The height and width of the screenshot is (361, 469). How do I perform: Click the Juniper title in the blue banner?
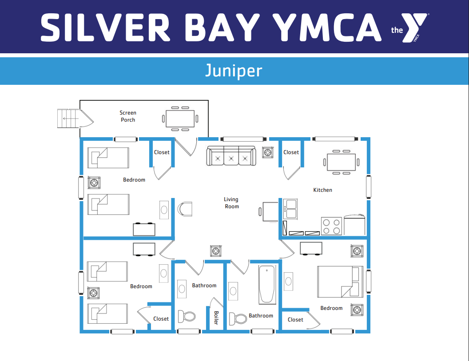(234, 71)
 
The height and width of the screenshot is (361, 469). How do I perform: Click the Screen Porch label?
(128, 116)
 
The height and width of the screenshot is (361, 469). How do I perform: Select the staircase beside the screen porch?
(68, 119)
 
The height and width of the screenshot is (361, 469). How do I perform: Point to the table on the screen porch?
(180, 119)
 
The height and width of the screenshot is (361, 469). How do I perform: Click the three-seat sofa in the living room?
(231, 156)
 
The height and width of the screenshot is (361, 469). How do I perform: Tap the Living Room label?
(231, 203)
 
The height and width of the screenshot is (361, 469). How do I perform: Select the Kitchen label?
(322, 190)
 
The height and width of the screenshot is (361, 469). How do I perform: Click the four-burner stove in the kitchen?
(331, 226)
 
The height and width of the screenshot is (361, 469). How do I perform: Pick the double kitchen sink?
(290, 209)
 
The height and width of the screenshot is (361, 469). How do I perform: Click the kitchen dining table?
(341, 162)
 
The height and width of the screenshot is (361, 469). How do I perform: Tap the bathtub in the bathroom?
(267, 285)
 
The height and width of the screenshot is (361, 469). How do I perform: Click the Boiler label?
(216, 317)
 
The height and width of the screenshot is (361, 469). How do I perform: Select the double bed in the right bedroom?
(340, 282)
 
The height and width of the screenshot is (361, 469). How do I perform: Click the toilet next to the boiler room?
(187, 316)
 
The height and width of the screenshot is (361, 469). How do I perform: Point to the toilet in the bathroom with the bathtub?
(238, 319)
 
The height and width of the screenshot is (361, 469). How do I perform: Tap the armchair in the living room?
(185, 209)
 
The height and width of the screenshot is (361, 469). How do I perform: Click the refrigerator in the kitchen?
(354, 225)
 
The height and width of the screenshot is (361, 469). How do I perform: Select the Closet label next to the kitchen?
(291, 152)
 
